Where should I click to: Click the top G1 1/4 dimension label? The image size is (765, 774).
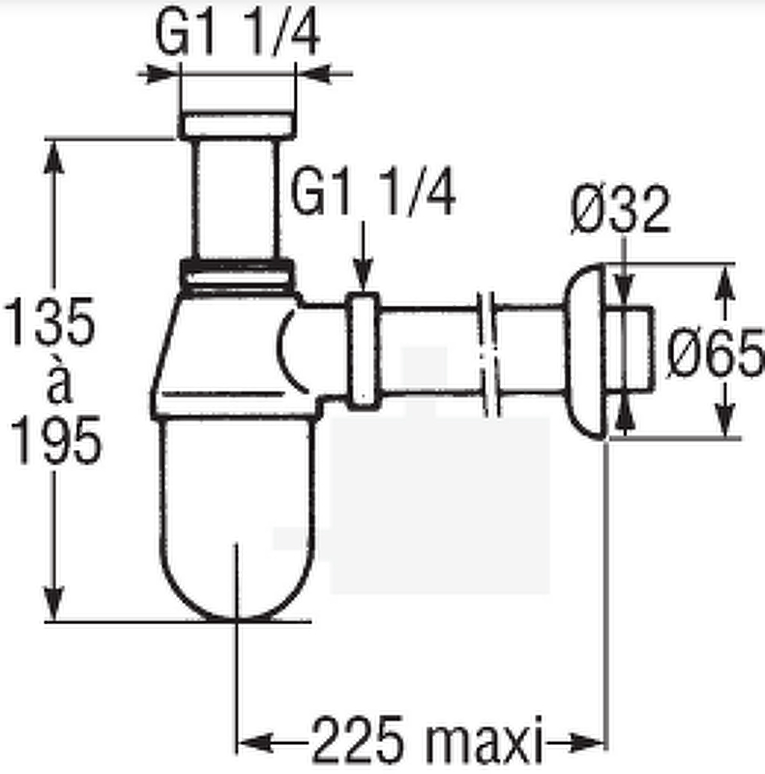[x=237, y=34]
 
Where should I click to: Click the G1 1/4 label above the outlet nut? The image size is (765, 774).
[x=373, y=193]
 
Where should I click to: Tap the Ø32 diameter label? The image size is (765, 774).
[x=620, y=210]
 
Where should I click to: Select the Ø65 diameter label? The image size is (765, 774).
[x=715, y=352]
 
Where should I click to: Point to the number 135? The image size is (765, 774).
[x=49, y=321]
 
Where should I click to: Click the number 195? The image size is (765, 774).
[x=56, y=439]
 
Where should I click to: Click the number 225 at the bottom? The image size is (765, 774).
[x=357, y=740]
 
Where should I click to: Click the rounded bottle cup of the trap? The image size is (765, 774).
[x=237, y=519]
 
